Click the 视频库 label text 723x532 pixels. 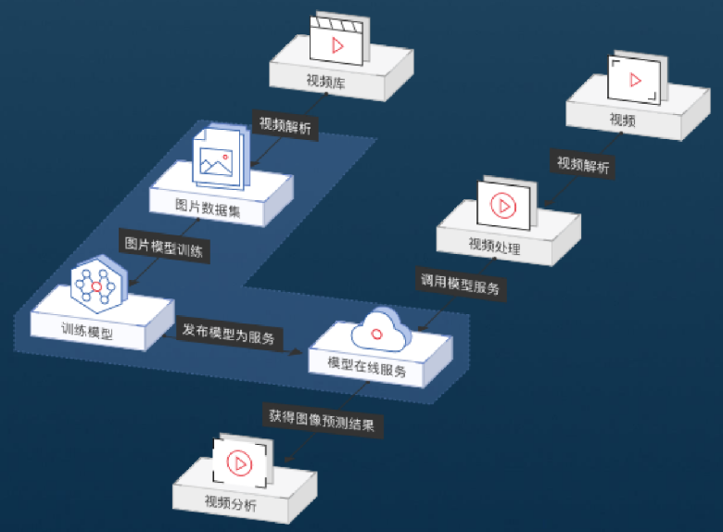point(325,81)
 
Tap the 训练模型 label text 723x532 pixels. point(87,329)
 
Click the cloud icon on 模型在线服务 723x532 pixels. point(377,327)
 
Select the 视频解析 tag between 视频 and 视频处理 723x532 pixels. point(583,165)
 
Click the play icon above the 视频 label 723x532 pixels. point(636,80)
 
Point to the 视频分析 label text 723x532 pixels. point(231,504)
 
